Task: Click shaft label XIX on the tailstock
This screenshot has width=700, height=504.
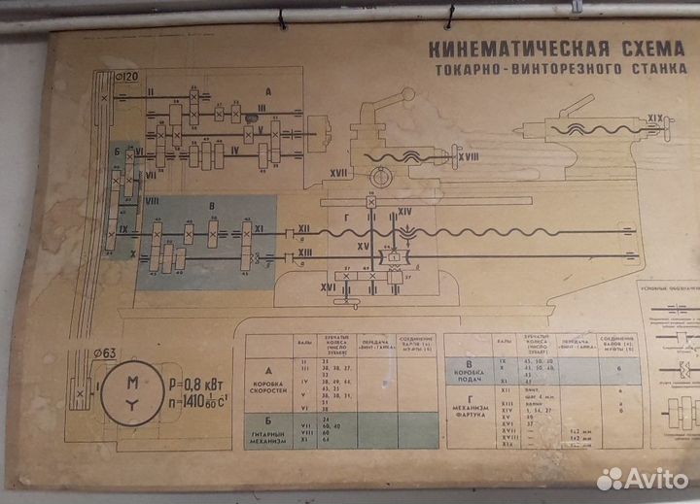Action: [x=657, y=118]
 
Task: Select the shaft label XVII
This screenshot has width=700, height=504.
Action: [x=338, y=173]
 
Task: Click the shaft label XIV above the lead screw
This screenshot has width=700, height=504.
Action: [x=405, y=211]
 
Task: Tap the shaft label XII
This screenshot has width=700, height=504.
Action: [x=303, y=229]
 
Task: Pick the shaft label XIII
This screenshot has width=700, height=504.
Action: [x=304, y=252]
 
